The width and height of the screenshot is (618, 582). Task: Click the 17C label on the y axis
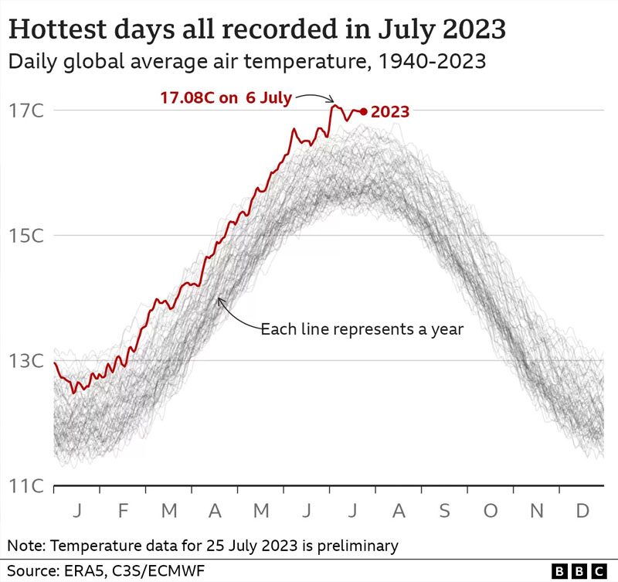point(26,111)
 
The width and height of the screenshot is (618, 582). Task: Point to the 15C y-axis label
point(26,236)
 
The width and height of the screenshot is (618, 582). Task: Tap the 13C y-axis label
point(26,360)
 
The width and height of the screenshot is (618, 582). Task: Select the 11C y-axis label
point(26,486)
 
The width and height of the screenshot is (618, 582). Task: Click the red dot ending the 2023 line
point(363,112)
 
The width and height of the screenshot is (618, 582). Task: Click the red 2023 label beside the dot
point(390,112)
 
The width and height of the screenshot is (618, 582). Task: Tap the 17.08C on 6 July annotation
point(226,97)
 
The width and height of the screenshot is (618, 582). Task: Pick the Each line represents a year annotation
point(362,328)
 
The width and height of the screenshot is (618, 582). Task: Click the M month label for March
point(169,511)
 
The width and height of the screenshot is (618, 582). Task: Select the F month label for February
point(124,511)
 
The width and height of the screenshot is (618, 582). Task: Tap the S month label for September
point(445,511)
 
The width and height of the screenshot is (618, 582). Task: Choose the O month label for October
point(491,511)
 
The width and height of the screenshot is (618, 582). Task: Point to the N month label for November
point(537,511)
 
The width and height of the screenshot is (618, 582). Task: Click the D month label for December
point(582,511)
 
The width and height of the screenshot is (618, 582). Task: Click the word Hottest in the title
point(58,29)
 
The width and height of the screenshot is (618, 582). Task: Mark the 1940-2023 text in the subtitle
point(432,62)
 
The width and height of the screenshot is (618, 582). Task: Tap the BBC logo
point(579,571)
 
